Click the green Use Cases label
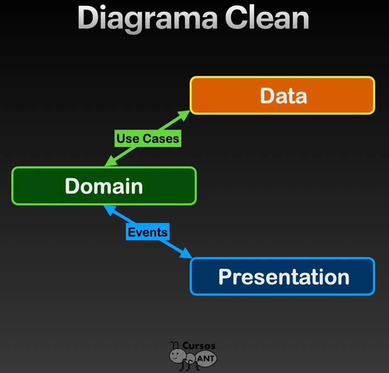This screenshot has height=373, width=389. coord(148,139)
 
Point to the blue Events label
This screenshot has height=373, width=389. coord(148,232)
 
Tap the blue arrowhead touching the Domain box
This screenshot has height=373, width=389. coord(109,209)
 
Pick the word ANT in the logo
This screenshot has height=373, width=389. coord(206,358)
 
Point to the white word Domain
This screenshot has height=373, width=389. coord(104,186)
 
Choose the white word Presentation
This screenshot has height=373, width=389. coord(284,277)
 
